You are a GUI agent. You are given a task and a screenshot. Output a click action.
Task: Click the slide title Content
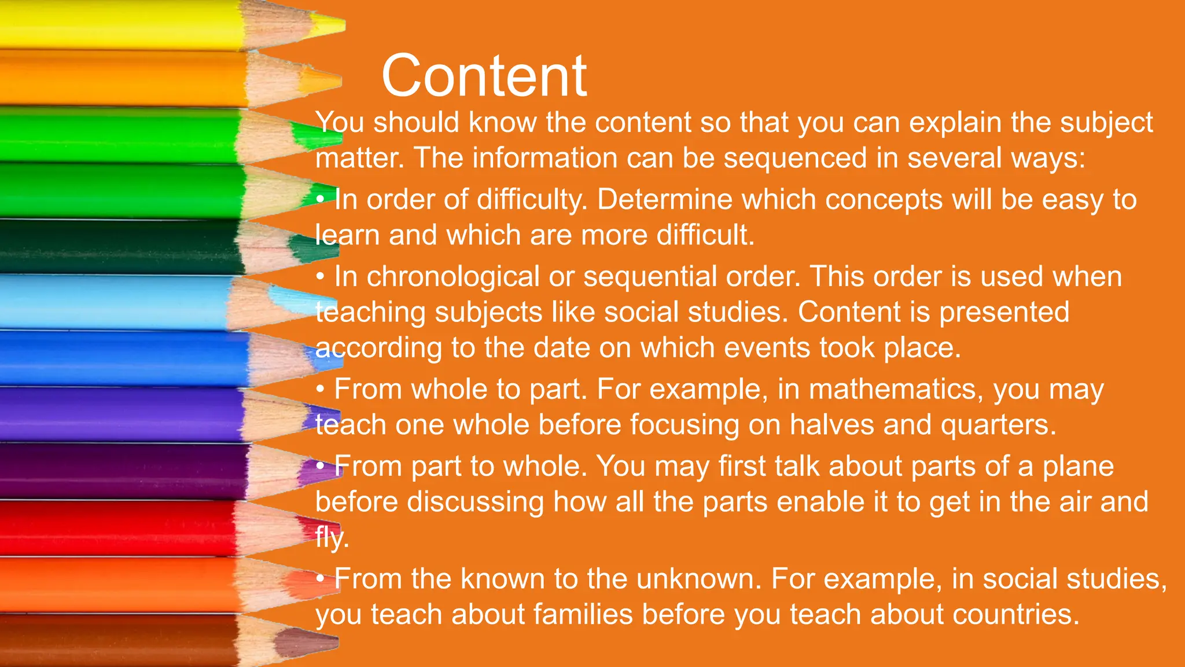[x=484, y=76]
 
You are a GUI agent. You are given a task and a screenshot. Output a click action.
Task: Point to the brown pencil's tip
[x=304, y=640]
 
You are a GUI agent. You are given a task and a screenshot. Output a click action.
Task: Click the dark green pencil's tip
[x=307, y=248]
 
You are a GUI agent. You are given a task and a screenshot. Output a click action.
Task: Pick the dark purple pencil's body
[x=116, y=470]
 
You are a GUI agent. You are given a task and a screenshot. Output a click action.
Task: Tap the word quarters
[x=998, y=425]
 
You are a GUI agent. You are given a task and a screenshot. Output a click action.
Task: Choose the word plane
[x=1078, y=467]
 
